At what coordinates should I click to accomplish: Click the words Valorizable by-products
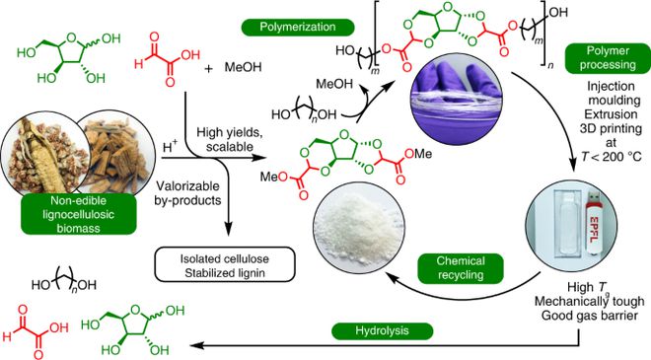click(195, 193)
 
